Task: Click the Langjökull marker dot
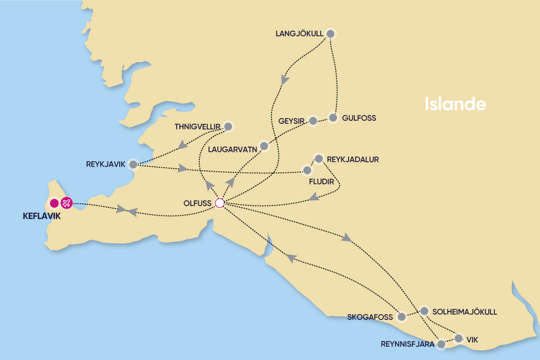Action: pos(331,34)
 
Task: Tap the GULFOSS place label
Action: pos(359,118)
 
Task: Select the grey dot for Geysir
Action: pos(313,121)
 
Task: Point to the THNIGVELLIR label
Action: pos(197,127)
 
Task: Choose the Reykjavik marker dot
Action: pos(133,164)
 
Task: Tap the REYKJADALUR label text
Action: pos(353,159)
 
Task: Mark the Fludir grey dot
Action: pos(307,170)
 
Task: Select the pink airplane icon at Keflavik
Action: pos(66,203)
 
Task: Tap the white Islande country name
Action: pos(455,104)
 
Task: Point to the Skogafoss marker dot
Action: pos(402,317)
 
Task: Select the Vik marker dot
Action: pos(459,338)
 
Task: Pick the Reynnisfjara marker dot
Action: pos(441,345)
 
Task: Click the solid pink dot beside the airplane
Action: pos(53,203)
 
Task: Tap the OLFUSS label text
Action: pos(197,203)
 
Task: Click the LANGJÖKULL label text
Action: pos(298,34)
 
